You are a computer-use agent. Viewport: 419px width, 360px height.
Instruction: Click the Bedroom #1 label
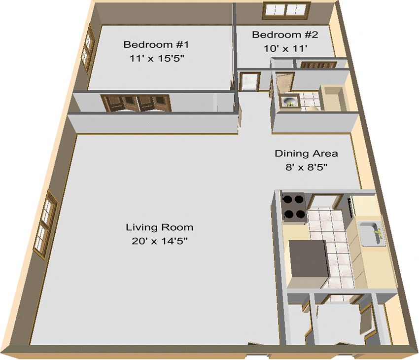[x=156, y=45]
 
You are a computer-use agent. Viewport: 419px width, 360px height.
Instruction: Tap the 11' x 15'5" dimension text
[x=156, y=58]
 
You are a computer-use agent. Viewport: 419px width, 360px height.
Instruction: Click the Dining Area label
[x=306, y=154]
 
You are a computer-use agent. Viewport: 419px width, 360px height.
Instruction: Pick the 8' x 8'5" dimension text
[x=306, y=167]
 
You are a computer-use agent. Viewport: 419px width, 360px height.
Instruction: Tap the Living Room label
[x=159, y=228]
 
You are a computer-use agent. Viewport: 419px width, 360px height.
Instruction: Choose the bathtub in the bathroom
[x=335, y=98]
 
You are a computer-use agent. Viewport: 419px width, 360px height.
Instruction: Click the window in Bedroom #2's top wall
[x=286, y=9]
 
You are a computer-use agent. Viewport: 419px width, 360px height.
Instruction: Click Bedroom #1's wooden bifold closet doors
[x=136, y=103]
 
